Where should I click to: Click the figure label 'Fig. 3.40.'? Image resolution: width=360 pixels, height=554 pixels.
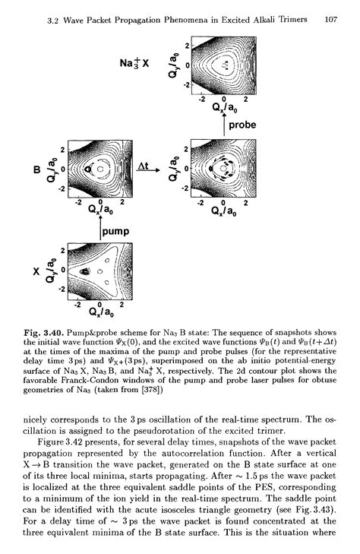(x=43, y=334)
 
